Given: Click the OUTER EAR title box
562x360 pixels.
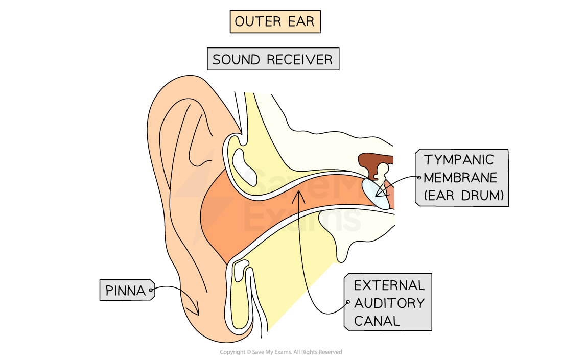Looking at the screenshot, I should click(275, 22).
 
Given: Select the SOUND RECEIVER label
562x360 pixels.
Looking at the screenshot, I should click(272, 59).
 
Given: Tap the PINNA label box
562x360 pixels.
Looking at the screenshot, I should click(126, 290).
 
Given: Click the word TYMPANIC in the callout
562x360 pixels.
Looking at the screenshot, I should click(459, 160).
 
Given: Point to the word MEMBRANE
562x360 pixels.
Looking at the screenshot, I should click(460, 178).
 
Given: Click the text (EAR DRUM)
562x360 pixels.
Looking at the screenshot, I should click(463, 196).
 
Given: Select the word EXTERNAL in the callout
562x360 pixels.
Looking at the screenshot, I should click(389, 285).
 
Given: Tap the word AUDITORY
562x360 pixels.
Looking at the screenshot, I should click(389, 303).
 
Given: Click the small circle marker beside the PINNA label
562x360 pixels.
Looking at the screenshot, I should click(151, 291).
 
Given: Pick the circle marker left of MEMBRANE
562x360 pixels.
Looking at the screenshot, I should click(419, 178).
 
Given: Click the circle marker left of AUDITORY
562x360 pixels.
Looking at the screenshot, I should click(347, 303).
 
